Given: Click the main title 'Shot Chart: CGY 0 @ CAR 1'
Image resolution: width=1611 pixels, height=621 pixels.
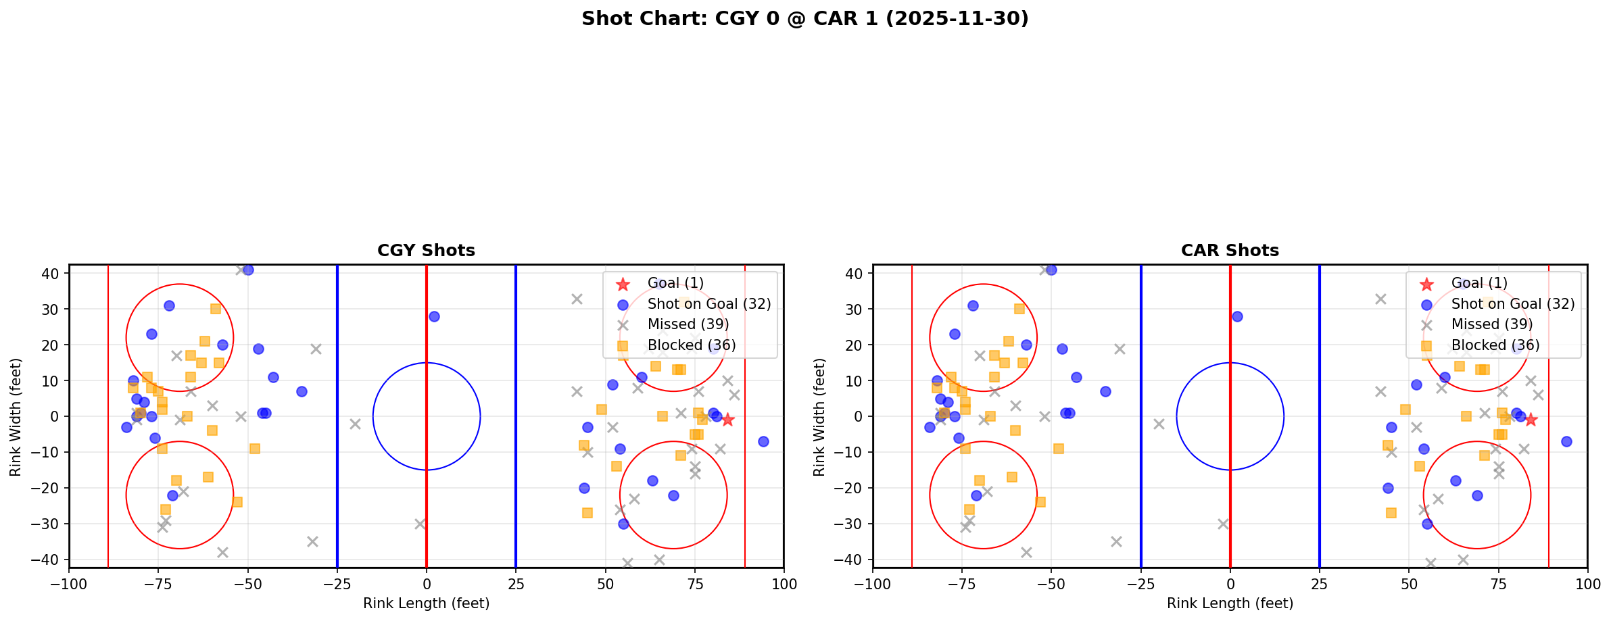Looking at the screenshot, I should coord(804,18).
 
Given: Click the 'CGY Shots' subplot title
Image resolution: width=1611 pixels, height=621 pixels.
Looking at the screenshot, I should coord(426,251).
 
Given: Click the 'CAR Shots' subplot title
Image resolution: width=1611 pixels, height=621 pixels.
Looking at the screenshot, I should coord(1230,251).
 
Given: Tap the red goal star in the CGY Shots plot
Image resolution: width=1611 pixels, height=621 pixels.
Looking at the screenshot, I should coord(727,420).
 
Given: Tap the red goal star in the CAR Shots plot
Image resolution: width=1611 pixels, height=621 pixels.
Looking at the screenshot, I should coord(1531,420).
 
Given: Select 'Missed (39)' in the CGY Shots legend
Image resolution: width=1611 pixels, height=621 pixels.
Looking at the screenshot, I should coord(688,324).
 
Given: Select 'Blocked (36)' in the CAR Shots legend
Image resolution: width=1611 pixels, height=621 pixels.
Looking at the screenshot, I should coord(1495,345).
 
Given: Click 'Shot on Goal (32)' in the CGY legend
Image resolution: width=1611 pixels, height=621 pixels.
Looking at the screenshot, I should coord(708,304).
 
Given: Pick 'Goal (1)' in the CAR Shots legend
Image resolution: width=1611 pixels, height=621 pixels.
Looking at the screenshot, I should coord(1479,283).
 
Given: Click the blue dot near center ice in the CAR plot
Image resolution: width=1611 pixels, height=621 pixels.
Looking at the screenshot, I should coord(1237,316).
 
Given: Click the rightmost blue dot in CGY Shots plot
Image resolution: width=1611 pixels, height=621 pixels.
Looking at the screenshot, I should coord(763,441).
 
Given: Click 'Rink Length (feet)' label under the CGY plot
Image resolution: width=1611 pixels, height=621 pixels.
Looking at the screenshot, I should coord(426,603).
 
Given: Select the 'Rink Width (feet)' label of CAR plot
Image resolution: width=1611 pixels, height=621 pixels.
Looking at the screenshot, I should coord(819,417).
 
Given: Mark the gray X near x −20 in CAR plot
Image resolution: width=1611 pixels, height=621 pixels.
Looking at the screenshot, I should coord(1159,424).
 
